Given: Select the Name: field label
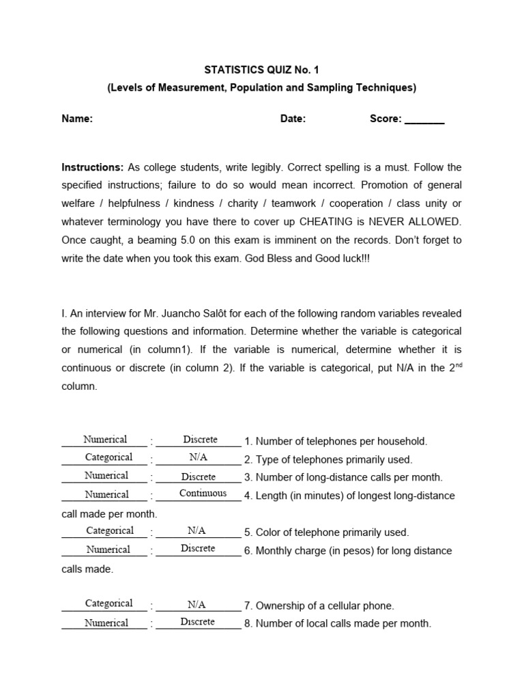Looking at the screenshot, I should point(77,119).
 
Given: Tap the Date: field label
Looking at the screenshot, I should point(293,119).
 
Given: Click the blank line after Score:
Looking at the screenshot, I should point(424,120).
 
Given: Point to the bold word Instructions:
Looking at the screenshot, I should point(93,167).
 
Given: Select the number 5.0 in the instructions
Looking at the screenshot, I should point(192,240).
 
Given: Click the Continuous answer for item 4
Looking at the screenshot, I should point(203,494).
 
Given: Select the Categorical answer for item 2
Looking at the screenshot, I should point(108,457).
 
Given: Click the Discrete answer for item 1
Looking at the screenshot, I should point(200,440).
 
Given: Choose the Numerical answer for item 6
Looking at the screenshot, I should point(108,550).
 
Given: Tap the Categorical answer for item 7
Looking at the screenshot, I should point(108,603).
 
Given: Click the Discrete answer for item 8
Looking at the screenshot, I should point(198,622).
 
